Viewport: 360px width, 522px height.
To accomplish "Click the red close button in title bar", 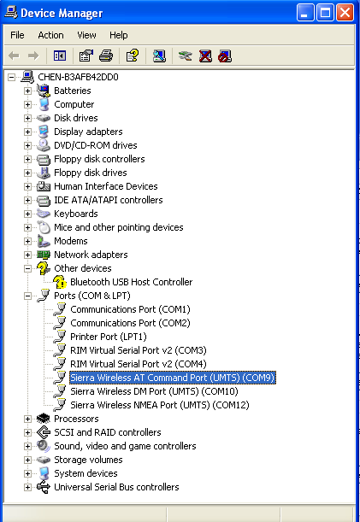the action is pos(345,13).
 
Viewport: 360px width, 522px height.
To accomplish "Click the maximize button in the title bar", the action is pos(325,13).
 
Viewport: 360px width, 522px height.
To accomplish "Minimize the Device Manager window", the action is pos(305,13).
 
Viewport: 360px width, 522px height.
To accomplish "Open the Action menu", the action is pos(50,35).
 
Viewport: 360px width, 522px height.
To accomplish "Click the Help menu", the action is pos(119,35).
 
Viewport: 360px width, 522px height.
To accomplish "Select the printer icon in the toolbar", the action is pos(106,56).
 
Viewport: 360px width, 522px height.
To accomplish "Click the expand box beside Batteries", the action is pos(27,91).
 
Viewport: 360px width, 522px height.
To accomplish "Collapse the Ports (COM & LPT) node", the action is pos(27,296).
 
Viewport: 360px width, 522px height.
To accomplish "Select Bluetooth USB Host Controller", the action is pos(132,282).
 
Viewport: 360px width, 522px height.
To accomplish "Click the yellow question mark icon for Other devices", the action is pos(44,268).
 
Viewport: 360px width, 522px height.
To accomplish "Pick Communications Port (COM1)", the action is pos(130,309).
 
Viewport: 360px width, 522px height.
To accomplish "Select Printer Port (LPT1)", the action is pos(109,337).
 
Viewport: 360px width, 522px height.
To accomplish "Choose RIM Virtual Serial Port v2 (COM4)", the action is pos(139,364).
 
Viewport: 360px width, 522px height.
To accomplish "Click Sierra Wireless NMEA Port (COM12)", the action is pos(160,405).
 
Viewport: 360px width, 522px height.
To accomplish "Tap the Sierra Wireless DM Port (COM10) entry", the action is pos(154,391).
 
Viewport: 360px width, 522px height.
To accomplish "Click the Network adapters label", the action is pos(91,255).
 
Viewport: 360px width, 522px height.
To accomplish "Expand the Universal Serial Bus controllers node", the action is pos(27,487).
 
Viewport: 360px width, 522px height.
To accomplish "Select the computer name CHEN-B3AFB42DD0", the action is pos(78,77).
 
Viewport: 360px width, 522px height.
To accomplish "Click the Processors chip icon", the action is pos(44,419).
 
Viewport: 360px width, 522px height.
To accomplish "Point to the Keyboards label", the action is pos(76,214).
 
